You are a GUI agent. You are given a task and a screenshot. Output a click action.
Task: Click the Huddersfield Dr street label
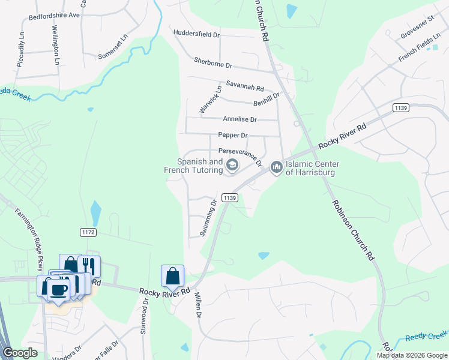click(x=196, y=34)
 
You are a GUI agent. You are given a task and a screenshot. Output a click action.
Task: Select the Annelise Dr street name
click(x=240, y=119)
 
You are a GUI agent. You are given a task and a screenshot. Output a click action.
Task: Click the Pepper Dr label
click(x=233, y=136)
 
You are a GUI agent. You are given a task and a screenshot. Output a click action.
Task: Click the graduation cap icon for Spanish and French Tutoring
click(x=232, y=165)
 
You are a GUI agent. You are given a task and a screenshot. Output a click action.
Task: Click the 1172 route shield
click(x=87, y=232)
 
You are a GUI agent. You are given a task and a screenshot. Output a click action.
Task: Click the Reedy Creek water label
click(x=426, y=337)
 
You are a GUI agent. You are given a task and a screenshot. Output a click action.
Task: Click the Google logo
click(x=20, y=353)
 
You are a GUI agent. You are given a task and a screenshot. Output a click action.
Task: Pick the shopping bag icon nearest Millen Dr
click(x=172, y=275)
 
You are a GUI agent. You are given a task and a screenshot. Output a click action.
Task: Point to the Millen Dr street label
click(x=196, y=305)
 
